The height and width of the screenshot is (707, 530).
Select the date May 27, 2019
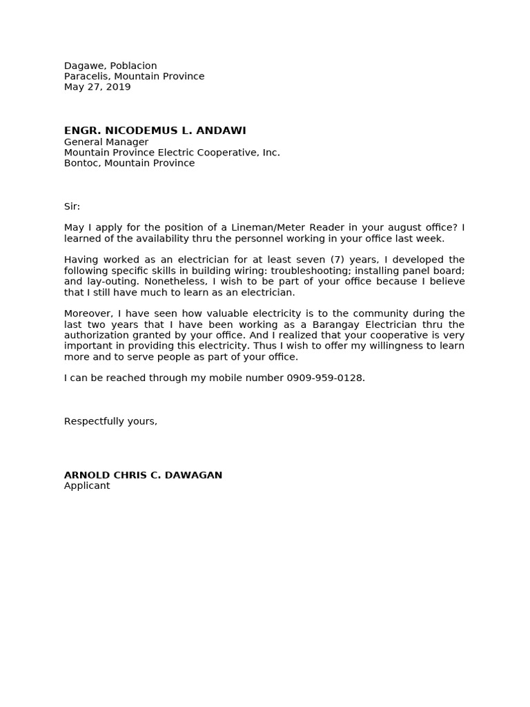(x=97, y=87)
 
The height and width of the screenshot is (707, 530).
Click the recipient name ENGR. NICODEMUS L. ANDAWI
(x=155, y=130)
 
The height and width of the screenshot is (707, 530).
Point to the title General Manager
(x=106, y=142)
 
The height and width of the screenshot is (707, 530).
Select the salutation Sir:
(x=72, y=206)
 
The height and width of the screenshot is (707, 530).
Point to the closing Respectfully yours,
(x=110, y=421)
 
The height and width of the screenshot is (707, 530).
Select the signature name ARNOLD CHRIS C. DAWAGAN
(x=143, y=475)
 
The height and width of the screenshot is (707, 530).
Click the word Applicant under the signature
(x=87, y=486)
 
